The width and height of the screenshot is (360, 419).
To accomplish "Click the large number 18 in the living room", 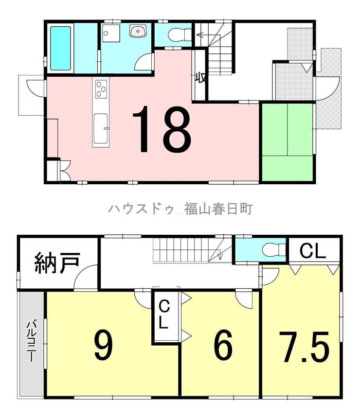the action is pyautogui.click(x=162, y=129).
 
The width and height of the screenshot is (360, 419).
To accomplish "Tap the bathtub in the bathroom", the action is pyautogui.click(x=61, y=49).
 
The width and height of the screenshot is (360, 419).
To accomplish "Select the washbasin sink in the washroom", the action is pyautogui.click(x=138, y=31).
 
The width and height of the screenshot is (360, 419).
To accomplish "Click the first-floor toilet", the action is pyautogui.click(x=180, y=35).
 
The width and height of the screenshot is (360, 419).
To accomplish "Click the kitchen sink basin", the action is pyautogui.click(x=101, y=128).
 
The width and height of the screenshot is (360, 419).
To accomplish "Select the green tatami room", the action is pyautogui.click(x=287, y=142).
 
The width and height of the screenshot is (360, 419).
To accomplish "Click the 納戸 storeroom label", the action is pyautogui.click(x=57, y=262).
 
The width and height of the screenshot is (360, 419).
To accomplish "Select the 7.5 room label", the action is pyautogui.click(x=304, y=347).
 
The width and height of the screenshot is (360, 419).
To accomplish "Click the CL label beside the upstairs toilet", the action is pyautogui.click(x=312, y=251).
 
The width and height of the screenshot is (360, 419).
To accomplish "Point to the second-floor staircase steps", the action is pyautogui.click(x=180, y=250).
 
